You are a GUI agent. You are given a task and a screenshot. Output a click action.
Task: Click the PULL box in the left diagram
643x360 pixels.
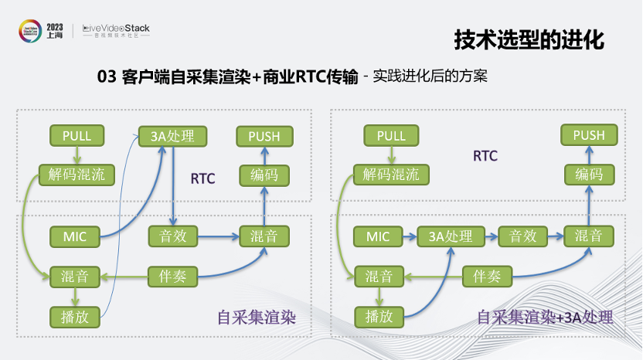77,136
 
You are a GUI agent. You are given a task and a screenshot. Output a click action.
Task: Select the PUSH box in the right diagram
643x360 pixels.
589,136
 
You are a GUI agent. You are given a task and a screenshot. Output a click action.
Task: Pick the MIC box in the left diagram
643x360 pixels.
76,236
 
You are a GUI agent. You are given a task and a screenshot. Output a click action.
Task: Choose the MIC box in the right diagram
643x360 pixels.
379,236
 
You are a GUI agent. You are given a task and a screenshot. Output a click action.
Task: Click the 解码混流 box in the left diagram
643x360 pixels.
77,175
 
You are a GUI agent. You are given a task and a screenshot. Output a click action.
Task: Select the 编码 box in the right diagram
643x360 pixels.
589,175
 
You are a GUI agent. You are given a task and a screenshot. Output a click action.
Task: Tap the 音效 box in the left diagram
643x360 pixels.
173,236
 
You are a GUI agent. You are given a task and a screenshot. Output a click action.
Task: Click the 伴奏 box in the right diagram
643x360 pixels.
487,276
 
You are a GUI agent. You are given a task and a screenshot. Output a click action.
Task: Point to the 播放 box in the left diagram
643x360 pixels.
76,315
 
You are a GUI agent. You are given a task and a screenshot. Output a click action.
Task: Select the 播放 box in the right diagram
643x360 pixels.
379,315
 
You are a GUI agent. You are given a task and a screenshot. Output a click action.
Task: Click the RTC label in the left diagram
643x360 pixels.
202,179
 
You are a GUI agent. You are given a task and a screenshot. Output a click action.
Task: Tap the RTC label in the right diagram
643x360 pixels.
485,156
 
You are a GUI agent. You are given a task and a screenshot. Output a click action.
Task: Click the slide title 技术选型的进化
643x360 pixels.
528,39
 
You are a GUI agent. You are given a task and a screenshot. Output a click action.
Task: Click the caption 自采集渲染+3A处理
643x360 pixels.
546,317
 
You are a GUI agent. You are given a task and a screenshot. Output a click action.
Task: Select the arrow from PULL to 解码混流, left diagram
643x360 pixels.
77,155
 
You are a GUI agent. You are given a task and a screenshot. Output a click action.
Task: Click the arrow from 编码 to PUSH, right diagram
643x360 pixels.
589,155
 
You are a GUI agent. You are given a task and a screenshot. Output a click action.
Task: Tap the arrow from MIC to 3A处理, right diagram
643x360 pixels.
410,236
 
